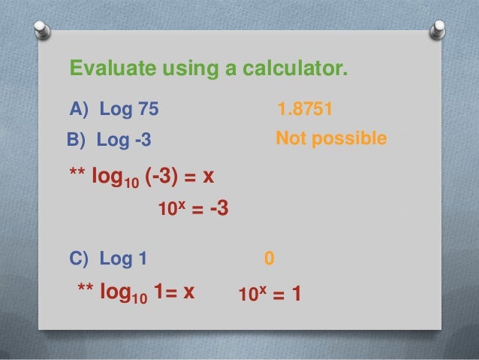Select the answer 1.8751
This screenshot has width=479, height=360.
tap(305, 110)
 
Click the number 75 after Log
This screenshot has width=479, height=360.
tap(148, 110)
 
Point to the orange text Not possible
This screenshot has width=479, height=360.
tap(331, 138)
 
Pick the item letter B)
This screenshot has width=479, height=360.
tap(79, 140)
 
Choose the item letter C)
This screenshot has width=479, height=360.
tap(80, 259)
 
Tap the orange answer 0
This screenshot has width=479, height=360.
tap(270, 259)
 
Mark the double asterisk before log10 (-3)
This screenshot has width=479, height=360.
tap(77, 175)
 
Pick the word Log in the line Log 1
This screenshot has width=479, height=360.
tap(114, 259)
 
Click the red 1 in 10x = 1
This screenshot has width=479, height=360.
tap(297, 294)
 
